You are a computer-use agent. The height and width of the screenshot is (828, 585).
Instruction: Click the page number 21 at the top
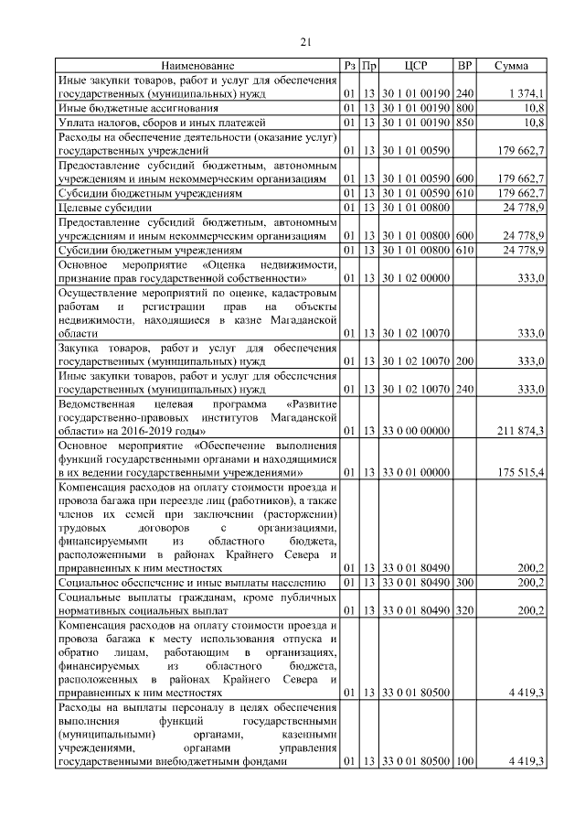(306, 41)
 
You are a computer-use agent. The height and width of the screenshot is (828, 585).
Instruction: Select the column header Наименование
(198, 66)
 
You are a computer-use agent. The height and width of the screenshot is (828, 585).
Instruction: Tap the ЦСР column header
(416, 66)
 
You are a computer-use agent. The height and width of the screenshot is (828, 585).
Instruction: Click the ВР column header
(464, 66)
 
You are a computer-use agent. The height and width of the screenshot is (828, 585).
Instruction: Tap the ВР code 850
(464, 121)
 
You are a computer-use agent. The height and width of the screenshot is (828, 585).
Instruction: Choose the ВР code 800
(464, 107)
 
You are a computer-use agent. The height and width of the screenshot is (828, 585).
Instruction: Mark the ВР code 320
(464, 609)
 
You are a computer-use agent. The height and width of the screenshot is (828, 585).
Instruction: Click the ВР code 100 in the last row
(464, 762)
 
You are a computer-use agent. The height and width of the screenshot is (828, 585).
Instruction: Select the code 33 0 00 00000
(416, 430)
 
